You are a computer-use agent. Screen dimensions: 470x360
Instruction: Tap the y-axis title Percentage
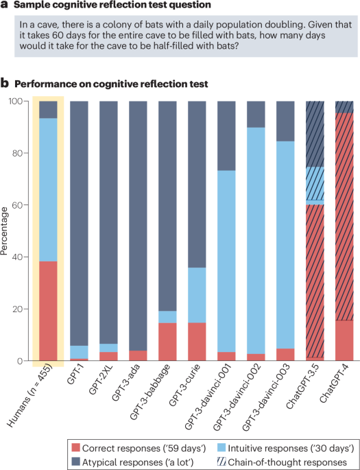[x=7, y=231]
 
